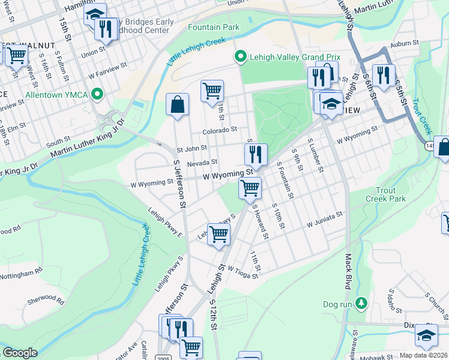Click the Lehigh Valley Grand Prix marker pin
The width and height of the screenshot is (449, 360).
tap(241, 57)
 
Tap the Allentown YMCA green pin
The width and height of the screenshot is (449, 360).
tap(97, 95)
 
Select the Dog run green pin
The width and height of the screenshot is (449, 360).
tap(361, 304)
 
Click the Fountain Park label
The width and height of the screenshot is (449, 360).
tap(213, 27)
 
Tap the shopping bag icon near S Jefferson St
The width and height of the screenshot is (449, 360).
tap(178, 105)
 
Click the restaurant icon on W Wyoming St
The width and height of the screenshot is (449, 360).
tap(256, 154)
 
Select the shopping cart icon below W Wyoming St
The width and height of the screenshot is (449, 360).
tap(250, 188)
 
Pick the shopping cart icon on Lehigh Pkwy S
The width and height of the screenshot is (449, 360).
tap(219, 234)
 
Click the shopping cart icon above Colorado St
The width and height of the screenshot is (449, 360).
tap(212, 91)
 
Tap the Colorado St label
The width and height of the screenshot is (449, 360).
tap(220, 130)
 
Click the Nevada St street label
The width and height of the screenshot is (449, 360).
tap(202, 163)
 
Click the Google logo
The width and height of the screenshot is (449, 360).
tap(20, 353)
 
